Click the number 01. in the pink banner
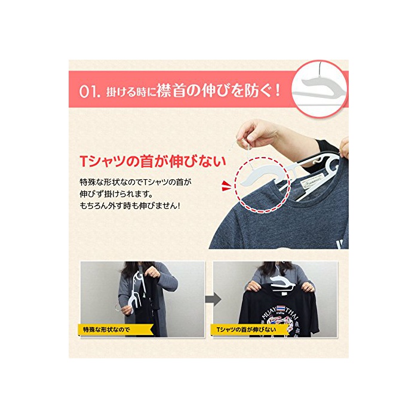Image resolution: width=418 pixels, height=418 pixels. click(90, 91)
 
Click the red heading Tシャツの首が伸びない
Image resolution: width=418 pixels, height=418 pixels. click(153, 161)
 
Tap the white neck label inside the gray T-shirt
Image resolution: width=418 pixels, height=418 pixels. click(312, 184)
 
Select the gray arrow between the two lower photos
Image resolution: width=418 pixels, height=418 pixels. click(213, 299)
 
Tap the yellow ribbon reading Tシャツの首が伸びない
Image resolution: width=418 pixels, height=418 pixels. click(249, 330)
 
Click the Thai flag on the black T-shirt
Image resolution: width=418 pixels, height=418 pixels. click(281, 309)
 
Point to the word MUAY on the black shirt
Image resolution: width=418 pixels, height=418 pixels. click(269, 313)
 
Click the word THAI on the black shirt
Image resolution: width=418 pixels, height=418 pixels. click(293, 313)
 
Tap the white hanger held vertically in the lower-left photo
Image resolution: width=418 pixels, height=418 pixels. click(137, 291)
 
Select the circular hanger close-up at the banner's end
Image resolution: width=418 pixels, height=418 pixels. click(319, 89)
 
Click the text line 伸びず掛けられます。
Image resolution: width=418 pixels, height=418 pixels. click(116, 194)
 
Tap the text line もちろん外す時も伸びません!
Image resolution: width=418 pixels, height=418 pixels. click(130, 206)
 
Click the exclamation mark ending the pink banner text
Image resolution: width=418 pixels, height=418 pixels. click(278, 91)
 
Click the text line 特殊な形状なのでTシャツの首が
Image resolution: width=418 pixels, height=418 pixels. click(136, 182)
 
